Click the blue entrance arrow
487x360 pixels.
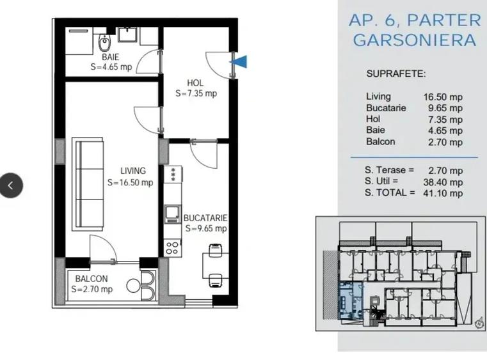point(239,61)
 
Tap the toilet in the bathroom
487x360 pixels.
point(104,42)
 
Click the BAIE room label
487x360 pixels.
point(110,57)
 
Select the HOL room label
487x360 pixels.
point(195,83)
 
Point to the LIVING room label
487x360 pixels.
point(133,171)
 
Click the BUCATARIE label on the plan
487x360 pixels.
point(205,218)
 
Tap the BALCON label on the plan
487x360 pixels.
point(92,279)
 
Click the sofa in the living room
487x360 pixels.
point(88,184)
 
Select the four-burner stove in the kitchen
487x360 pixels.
point(172,247)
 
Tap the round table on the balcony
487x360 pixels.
point(133,286)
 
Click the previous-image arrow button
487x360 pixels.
point(11,185)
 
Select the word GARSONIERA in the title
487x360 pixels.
point(415,40)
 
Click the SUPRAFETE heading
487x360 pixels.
point(396,74)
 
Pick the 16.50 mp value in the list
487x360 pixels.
point(443,97)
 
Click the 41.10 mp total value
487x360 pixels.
point(443,193)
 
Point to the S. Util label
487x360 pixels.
point(381,181)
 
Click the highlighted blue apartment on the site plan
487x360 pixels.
point(350,299)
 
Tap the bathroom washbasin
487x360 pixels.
point(127,34)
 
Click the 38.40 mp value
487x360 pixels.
point(443,182)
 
